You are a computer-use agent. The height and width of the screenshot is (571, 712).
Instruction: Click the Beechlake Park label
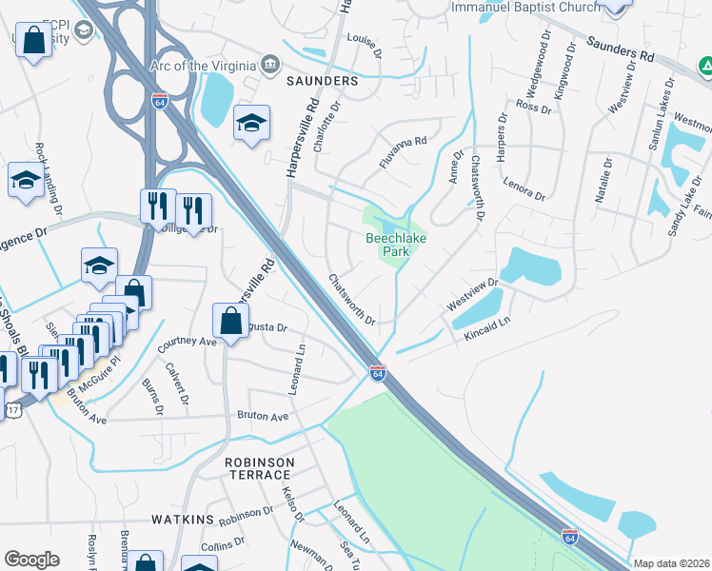click(x=388, y=245)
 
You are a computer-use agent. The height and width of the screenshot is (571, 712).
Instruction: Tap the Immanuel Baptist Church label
click(x=525, y=7)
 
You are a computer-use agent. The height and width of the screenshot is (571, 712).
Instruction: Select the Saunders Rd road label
click(x=621, y=50)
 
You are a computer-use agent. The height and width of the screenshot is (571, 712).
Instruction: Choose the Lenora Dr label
click(x=524, y=188)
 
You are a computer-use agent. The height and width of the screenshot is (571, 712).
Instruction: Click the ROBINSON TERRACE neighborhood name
click(x=259, y=469)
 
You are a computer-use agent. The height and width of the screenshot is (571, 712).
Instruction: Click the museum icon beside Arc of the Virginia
click(x=270, y=65)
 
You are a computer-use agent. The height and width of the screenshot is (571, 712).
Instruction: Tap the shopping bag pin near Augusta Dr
click(x=231, y=321)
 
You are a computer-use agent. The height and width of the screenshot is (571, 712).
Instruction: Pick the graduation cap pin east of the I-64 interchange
click(x=251, y=123)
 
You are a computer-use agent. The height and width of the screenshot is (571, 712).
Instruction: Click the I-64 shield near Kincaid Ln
click(x=378, y=373)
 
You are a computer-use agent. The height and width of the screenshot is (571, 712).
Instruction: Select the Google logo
click(x=30, y=560)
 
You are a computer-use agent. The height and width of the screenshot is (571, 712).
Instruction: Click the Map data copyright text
click(x=670, y=563)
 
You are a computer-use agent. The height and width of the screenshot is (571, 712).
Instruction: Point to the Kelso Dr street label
click(x=292, y=505)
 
